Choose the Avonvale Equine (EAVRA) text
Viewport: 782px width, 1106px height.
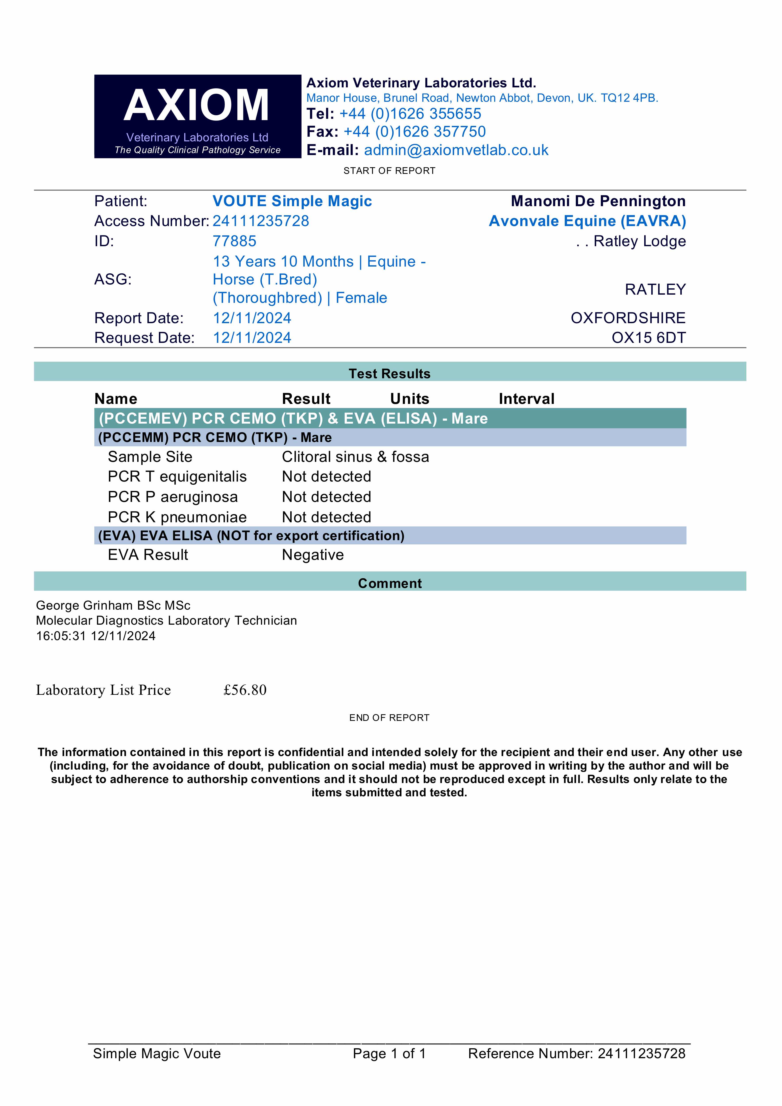tap(587, 221)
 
